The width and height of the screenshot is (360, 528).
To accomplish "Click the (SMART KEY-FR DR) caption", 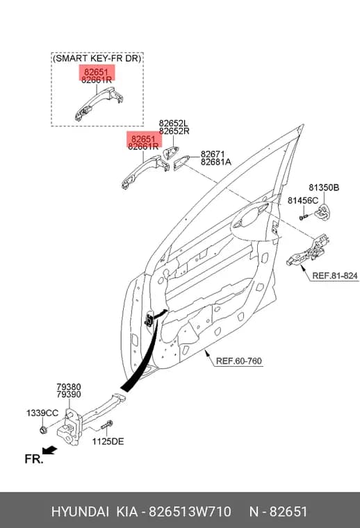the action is [x=97, y=58].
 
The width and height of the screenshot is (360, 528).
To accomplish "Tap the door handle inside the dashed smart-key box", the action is [x=98, y=104].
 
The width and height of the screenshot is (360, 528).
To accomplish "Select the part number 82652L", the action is [x=174, y=124].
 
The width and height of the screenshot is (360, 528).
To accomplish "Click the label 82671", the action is [x=213, y=154].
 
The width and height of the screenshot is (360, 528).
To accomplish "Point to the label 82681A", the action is [x=216, y=162].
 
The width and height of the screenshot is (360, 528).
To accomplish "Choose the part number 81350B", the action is [x=324, y=188].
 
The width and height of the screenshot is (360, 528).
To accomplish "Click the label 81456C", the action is [x=302, y=201].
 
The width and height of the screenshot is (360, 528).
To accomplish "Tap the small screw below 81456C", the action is [x=304, y=217].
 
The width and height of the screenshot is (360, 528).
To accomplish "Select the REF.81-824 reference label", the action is [x=335, y=276].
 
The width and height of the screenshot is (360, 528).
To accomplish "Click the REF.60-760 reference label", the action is [x=238, y=361].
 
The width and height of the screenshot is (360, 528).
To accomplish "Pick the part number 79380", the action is [x=69, y=387].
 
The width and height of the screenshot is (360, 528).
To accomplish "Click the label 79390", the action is [x=69, y=395].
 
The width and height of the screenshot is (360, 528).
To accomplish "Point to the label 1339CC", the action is [x=42, y=413].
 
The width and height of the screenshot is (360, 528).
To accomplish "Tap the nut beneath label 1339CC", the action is [x=43, y=429].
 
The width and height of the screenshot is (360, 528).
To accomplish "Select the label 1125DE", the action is [x=108, y=441].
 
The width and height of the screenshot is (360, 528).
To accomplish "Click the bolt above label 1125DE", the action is [x=107, y=425].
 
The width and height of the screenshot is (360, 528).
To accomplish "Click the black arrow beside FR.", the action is [x=50, y=449].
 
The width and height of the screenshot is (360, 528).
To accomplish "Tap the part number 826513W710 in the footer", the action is [x=190, y=511].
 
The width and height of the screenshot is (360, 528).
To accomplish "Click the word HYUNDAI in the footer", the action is [x=80, y=511].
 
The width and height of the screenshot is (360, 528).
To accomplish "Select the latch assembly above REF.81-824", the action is [x=307, y=249].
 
